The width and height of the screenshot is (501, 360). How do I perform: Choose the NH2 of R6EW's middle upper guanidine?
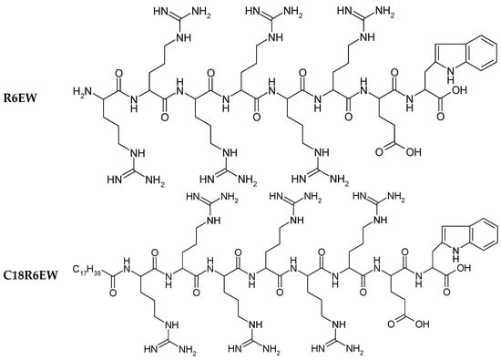pyautogui.click(x=306, y=14)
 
